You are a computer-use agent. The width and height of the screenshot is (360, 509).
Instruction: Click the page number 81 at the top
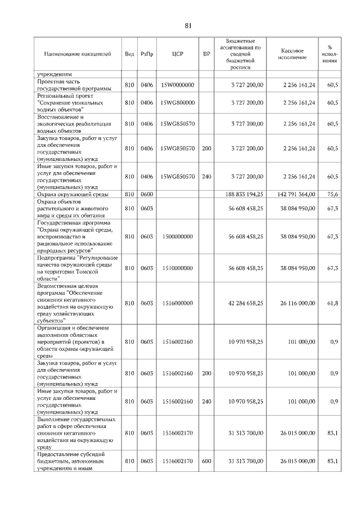point(188,25)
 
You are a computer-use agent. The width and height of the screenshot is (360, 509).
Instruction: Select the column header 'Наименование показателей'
point(78,54)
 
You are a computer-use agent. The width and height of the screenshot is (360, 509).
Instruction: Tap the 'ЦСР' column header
point(177,54)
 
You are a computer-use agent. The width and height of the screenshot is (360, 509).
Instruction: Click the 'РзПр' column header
point(147,54)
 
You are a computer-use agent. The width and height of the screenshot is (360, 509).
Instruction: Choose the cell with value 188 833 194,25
point(244,194)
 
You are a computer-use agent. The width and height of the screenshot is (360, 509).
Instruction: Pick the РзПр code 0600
point(147,194)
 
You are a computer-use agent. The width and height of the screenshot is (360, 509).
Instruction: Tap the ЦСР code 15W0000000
point(177,85)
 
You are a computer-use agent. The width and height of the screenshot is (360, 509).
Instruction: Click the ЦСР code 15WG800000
point(177,103)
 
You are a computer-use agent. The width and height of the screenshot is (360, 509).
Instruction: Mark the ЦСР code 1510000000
point(177,268)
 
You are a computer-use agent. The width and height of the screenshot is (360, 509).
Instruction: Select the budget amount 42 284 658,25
point(244,303)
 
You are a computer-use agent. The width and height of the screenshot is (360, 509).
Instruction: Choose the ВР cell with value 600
point(206,461)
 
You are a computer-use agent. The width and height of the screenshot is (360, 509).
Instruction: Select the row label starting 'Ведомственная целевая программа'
point(76,303)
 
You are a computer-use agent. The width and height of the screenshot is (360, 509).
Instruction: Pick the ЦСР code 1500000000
point(177,237)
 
